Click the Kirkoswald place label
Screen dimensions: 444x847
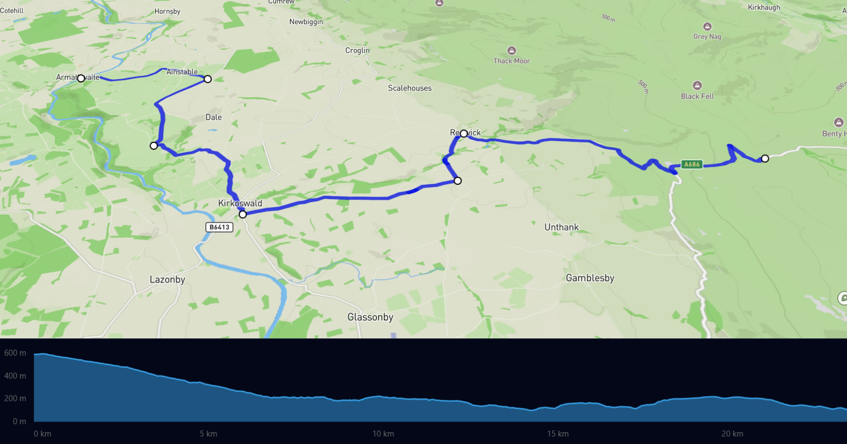pos(240,203)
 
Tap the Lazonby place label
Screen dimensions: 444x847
pos(167,280)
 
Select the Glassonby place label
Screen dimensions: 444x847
pos(370,317)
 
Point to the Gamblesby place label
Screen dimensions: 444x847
pos(590,278)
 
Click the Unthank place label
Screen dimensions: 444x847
pos(561,227)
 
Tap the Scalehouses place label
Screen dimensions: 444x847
pos(410,88)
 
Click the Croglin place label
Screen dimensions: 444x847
pos(357,51)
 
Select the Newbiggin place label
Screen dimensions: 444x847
pos(306,22)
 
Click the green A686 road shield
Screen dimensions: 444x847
pos(692,164)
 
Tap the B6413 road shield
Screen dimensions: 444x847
pos(219,227)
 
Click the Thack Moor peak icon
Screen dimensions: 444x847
pos(512,51)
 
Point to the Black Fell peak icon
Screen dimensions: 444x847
pos(697,86)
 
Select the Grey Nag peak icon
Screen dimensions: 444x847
pos(707,26)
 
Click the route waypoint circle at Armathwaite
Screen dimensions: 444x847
pos(81,79)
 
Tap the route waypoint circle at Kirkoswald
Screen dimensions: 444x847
pos(243,214)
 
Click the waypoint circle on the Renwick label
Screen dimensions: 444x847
pos(464,134)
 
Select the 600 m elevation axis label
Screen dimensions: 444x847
pos(15,353)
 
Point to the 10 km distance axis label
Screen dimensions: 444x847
pos(383,434)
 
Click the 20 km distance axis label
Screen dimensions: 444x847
pos(732,434)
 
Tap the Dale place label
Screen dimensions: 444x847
pos(214,117)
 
